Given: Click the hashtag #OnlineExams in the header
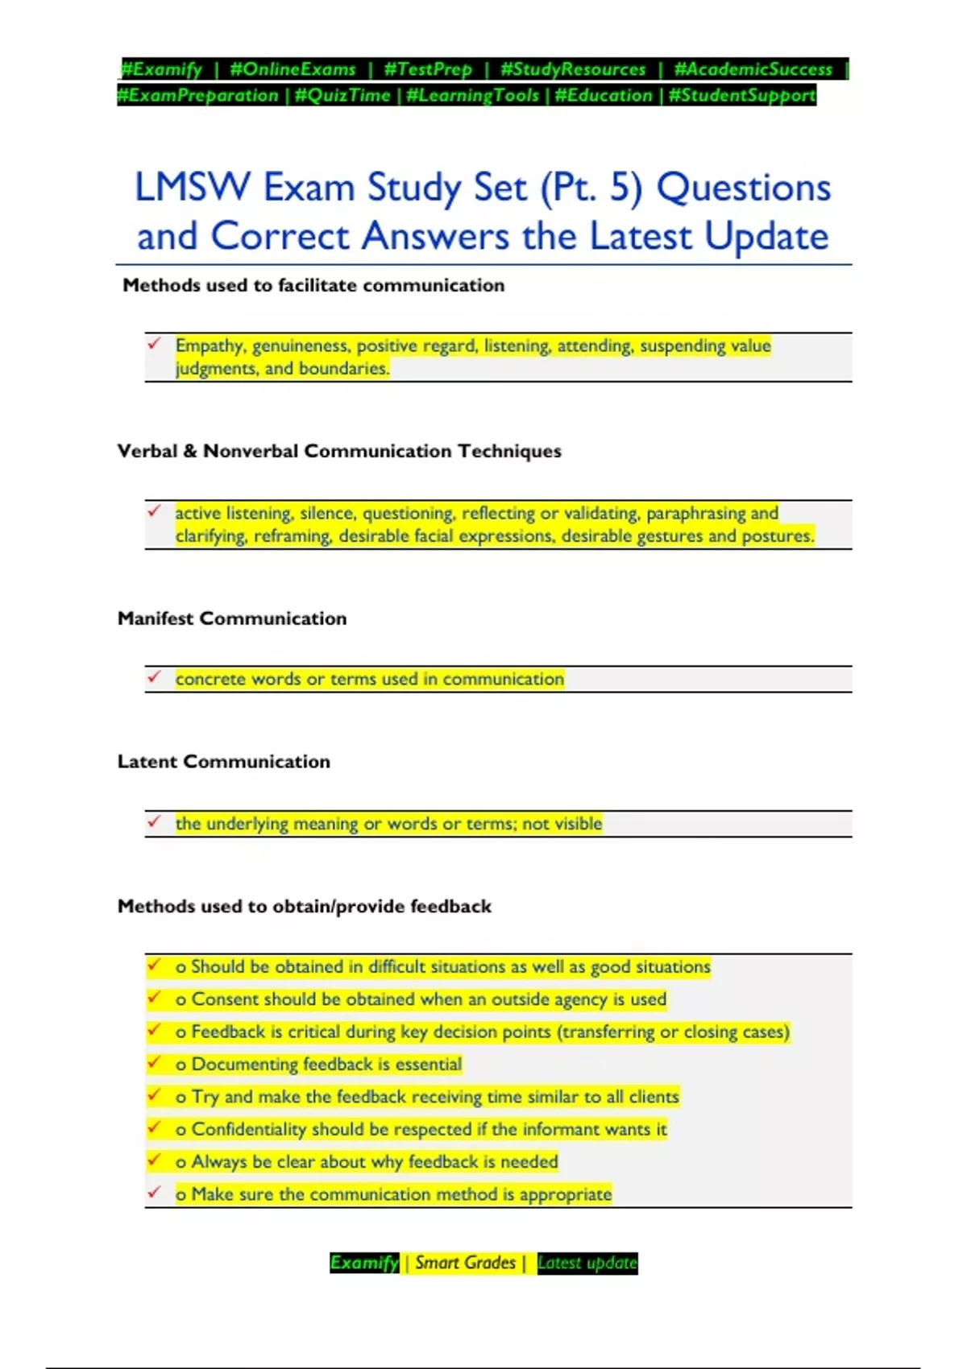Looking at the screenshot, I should pyautogui.click(x=293, y=69).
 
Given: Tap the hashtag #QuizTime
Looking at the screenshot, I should pyautogui.click(x=342, y=96).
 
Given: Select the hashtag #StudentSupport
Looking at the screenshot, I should pyautogui.click(x=741, y=96).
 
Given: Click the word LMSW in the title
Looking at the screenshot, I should pyautogui.click(x=193, y=188).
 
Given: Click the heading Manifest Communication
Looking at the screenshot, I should pyautogui.click(x=232, y=618).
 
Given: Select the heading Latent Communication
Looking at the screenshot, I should pyautogui.click(x=224, y=762).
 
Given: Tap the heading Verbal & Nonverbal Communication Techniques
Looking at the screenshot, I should pyautogui.click(x=339, y=451).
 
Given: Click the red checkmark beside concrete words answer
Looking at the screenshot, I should pyautogui.click(x=155, y=677).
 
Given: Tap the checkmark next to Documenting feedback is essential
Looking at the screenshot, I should pyautogui.click(x=155, y=1063).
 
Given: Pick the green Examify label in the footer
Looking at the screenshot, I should pyautogui.click(x=364, y=1263).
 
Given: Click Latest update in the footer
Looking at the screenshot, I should pyautogui.click(x=587, y=1263).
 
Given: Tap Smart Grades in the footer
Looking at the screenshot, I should pyautogui.click(x=465, y=1263).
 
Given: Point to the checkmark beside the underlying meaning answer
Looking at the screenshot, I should pyautogui.click(x=155, y=822).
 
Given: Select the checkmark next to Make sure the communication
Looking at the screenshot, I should pyautogui.click(x=155, y=1193).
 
